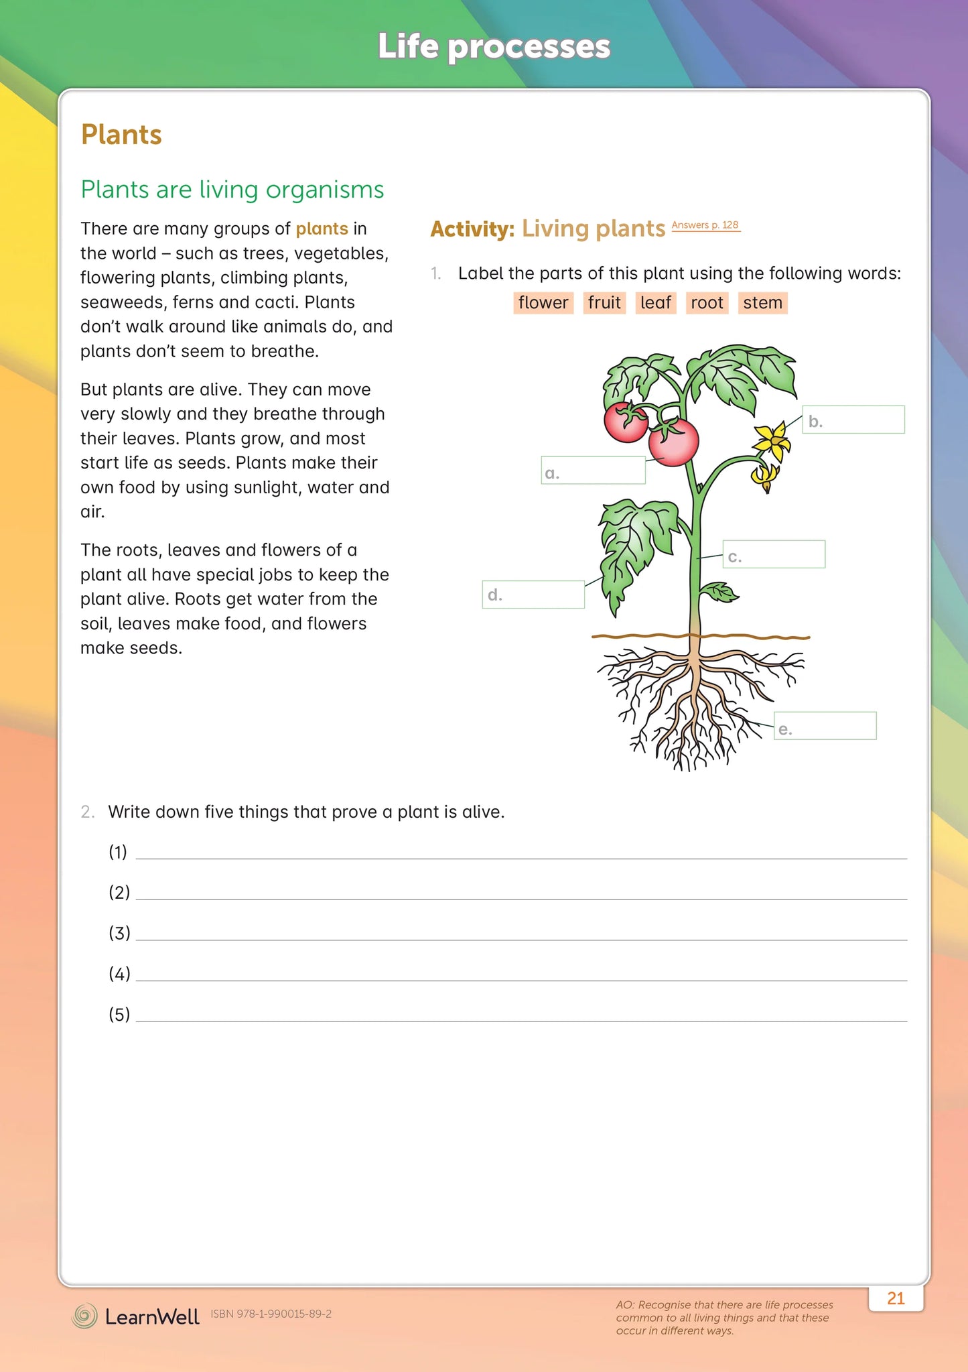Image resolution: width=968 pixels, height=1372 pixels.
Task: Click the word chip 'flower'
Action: pyautogui.click(x=543, y=303)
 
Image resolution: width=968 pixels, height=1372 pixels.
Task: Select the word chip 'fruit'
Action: pyautogui.click(x=604, y=303)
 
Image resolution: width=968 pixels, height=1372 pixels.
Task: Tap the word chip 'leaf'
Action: pyautogui.click(x=655, y=303)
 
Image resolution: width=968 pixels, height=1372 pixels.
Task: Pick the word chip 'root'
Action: pyautogui.click(x=707, y=303)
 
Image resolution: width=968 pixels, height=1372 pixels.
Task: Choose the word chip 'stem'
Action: pyautogui.click(x=762, y=303)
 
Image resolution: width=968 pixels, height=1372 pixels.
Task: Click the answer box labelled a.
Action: pyautogui.click(x=594, y=471)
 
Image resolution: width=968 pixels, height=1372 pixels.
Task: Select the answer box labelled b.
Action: pyautogui.click(x=853, y=420)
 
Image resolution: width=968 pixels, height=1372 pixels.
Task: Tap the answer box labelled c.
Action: pyautogui.click(x=774, y=554)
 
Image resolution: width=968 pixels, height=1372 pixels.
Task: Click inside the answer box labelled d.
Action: pyautogui.click(x=533, y=595)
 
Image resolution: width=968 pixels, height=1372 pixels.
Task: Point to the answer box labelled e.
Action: pyautogui.click(x=825, y=726)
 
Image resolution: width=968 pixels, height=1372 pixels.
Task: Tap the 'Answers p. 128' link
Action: pyautogui.click(x=705, y=225)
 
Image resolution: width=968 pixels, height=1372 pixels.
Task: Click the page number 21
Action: pyautogui.click(x=896, y=1298)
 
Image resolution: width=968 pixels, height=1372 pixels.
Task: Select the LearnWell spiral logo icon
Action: pyautogui.click(x=84, y=1316)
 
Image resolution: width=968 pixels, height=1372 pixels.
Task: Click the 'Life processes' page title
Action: pyautogui.click(x=494, y=47)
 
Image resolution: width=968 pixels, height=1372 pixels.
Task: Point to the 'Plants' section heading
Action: pyautogui.click(x=121, y=135)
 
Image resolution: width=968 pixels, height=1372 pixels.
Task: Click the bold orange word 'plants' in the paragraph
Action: pyautogui.click(x=322, y=229)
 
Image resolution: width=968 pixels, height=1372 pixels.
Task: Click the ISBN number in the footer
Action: pyautogui.click(x=271, y=1314)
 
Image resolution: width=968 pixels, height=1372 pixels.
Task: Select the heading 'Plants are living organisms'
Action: pyautogui.click(x=232, y=190)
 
